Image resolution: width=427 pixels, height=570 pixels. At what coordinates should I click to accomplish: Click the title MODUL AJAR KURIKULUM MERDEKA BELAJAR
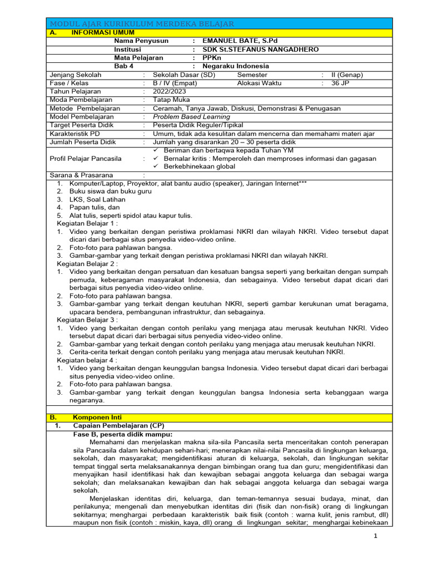coord(142,23)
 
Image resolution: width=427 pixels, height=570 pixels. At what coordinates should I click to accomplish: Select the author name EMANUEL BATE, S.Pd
coord(240,41)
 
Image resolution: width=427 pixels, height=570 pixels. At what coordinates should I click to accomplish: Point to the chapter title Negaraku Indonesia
coord(235,66)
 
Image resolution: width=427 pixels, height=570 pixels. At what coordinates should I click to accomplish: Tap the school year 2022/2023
coord(170,91)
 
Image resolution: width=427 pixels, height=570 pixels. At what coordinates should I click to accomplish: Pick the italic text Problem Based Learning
coord(191,117)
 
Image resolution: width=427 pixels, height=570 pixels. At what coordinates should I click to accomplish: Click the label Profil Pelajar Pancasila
coord(86,158)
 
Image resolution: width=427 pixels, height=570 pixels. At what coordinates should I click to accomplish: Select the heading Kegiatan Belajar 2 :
coord(87,263)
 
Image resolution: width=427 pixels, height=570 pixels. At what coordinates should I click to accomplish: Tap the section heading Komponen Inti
coord(97,417)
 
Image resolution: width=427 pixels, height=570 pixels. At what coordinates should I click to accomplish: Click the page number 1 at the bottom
coord(375,535)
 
